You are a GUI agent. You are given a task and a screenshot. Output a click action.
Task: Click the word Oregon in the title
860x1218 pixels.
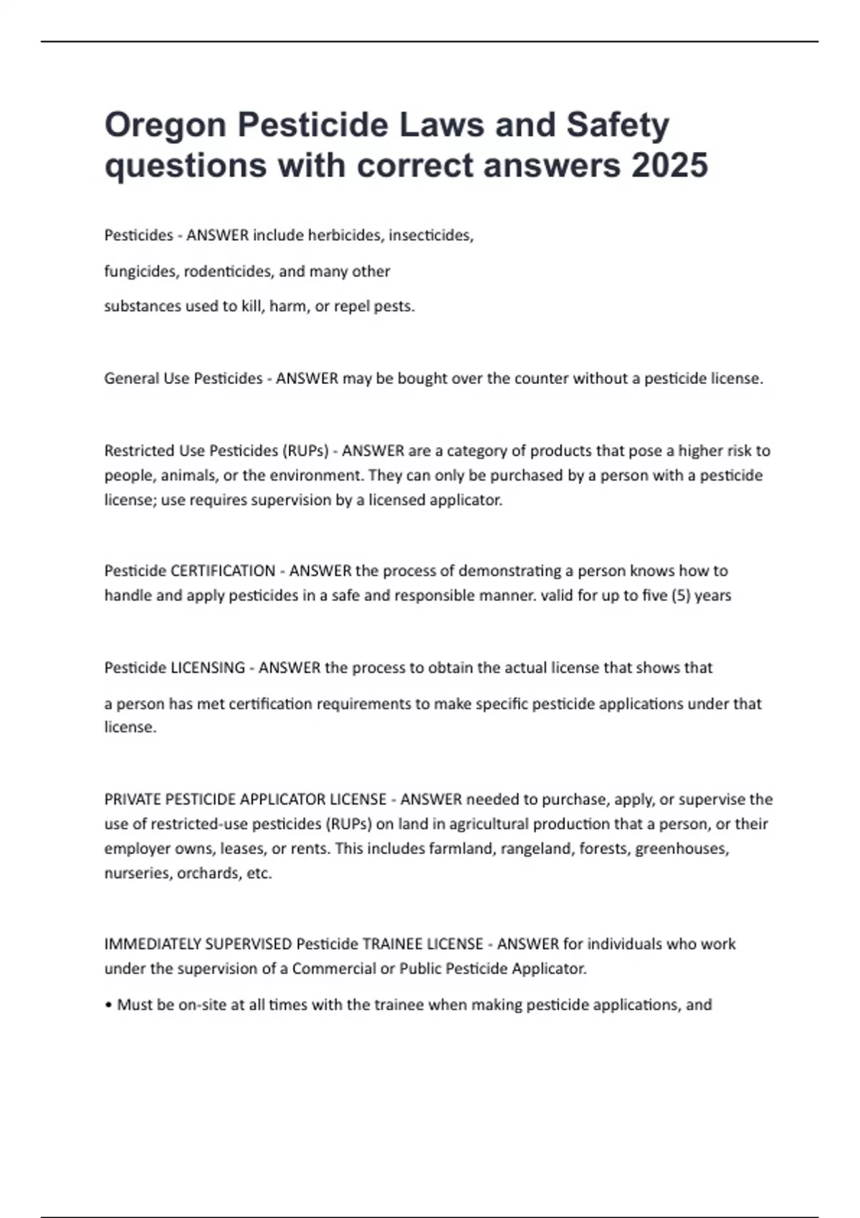166,125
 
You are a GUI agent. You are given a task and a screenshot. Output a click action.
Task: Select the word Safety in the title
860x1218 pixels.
618,125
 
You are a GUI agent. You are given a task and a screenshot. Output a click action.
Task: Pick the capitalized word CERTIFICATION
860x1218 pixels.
223,571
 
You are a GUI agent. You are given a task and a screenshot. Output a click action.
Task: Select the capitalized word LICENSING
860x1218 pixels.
208,668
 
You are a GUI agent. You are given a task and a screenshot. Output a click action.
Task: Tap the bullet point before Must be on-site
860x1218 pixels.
108,1005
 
